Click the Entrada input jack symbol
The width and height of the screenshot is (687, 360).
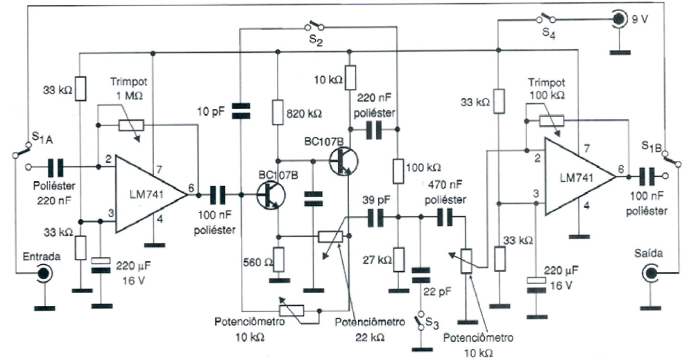click(42, 272)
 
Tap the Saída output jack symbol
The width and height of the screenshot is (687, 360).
click(650, 272)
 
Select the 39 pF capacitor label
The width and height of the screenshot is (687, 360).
click(371, 200)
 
